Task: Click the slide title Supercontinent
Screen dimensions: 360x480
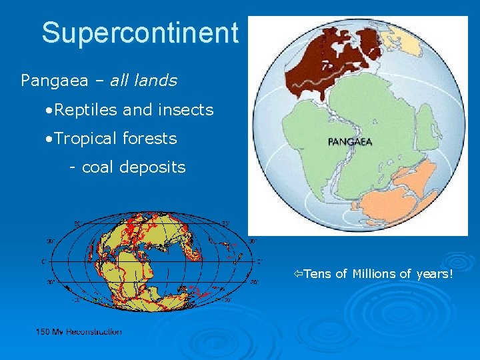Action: pyautogui.click(x=139, y=33)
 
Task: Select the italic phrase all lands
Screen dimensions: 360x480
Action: pyautogui.click(x=143, y=81)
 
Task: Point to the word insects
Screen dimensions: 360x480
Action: pyautogui.click(x=185, y=109)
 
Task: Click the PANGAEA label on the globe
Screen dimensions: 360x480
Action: pyautogui.click(x=350, y=141)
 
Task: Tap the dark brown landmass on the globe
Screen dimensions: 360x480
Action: pyautogui.click(x=327, y=67)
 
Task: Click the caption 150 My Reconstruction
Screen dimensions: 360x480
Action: pyautogui.click(x=79, y=331)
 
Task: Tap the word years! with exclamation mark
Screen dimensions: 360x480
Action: pyautogui.click(x=434, y=273)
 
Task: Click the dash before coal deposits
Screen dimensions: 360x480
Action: pyautogui.click(x=73, y=168)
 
